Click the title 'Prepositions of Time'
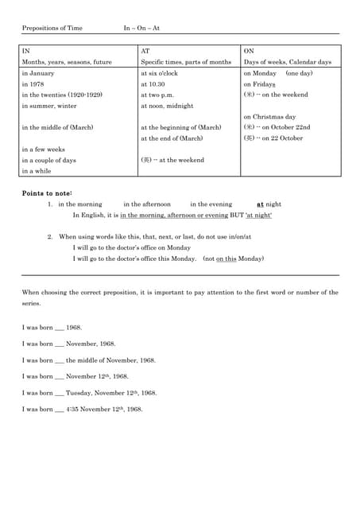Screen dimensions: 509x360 point(52,28)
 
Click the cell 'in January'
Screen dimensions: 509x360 point(39,72)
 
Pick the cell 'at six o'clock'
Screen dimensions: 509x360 point(159,72)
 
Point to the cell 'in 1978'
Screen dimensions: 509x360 point(33,84)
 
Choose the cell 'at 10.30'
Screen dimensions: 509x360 point(153,84)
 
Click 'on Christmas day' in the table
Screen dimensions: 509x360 point(269,116)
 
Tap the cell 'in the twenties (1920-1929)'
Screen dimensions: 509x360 point(62,94)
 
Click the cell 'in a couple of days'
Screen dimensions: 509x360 point(49,160)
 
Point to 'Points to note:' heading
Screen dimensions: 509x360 point(47,193)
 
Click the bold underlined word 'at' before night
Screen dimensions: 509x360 point(260,204)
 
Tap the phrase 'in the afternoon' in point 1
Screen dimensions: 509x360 point(147,204)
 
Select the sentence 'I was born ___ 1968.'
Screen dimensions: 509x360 point(52,327)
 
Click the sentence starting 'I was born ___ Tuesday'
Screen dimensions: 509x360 point(89,392)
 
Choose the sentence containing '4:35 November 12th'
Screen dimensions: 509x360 point(83,409)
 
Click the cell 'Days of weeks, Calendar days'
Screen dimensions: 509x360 point(287,61)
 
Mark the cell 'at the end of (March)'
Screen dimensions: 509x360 point(172,138)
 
